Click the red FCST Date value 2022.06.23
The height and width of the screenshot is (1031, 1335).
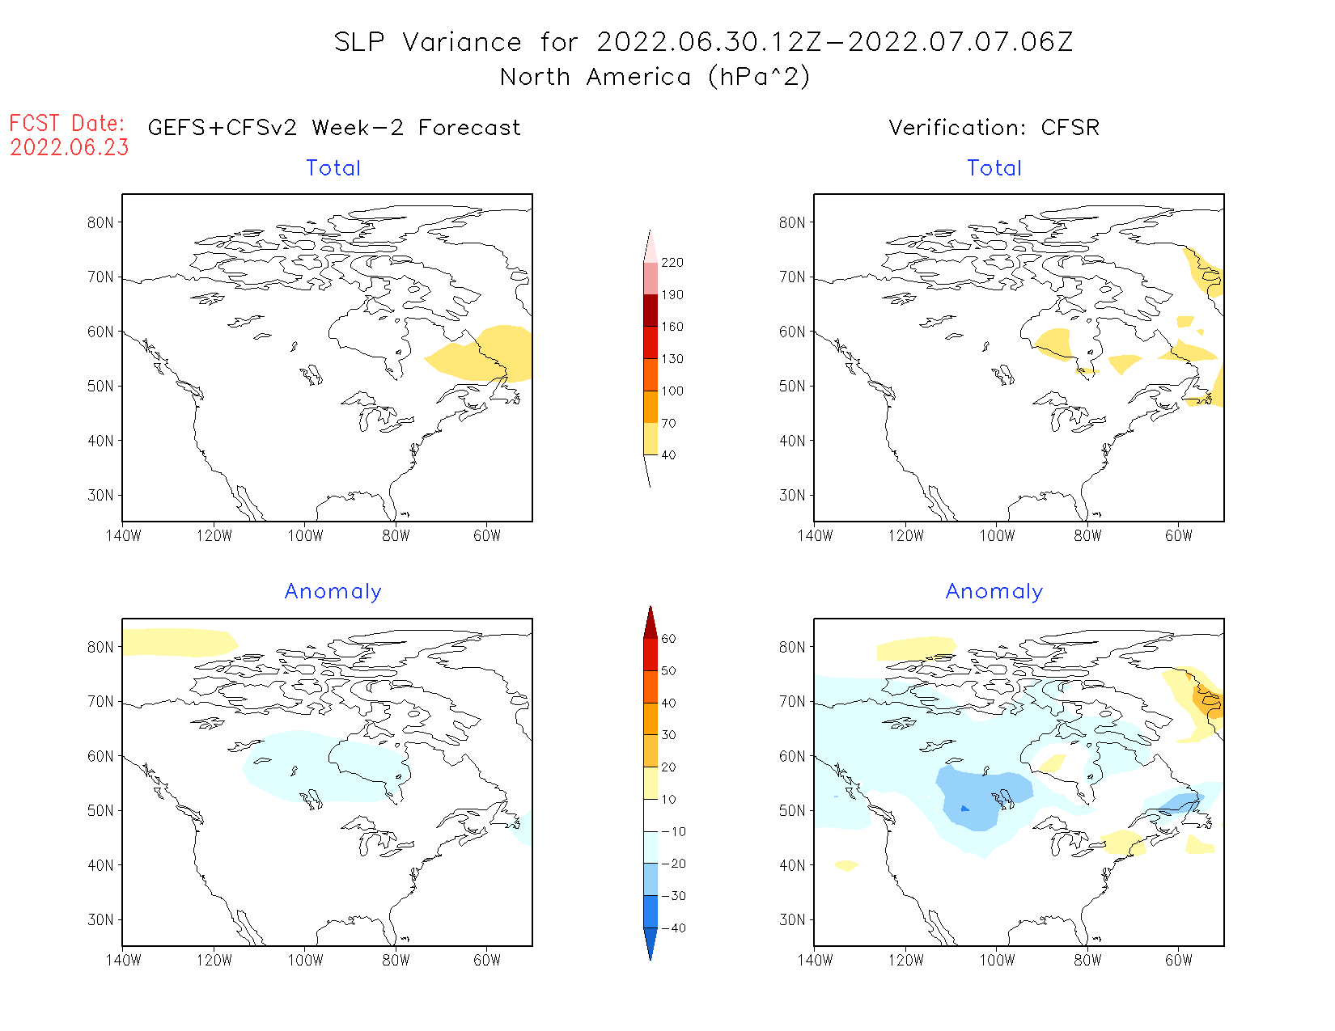(x=70, y=148)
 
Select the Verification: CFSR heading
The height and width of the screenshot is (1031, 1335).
(x=994, y=128)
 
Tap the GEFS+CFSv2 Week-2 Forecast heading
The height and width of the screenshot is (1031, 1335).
(x=334, y=128)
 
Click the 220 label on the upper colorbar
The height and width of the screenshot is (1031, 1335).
(x=672, y=263)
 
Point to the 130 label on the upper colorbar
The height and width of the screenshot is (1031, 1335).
(x=672, y=359)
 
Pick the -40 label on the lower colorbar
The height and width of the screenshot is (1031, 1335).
(x=672, y=928)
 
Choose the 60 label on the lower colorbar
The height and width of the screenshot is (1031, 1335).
(x=668, y=639)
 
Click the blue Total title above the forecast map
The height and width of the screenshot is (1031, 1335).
(x=333, y=168)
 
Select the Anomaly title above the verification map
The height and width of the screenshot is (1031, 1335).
(x=994, y=592)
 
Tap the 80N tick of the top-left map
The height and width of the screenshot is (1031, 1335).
(x=100, y=223)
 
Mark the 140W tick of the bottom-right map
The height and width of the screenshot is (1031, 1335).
(x=815, y=961)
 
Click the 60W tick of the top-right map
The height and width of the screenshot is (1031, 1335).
(x=1179, y=536)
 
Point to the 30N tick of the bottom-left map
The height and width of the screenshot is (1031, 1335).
(x=100, y=920)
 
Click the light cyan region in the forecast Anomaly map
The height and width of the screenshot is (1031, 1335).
(x=324, y=768)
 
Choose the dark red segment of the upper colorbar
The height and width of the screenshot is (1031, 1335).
(x=651, y=311)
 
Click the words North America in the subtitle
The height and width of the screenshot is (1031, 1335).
(x=595, y=78)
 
